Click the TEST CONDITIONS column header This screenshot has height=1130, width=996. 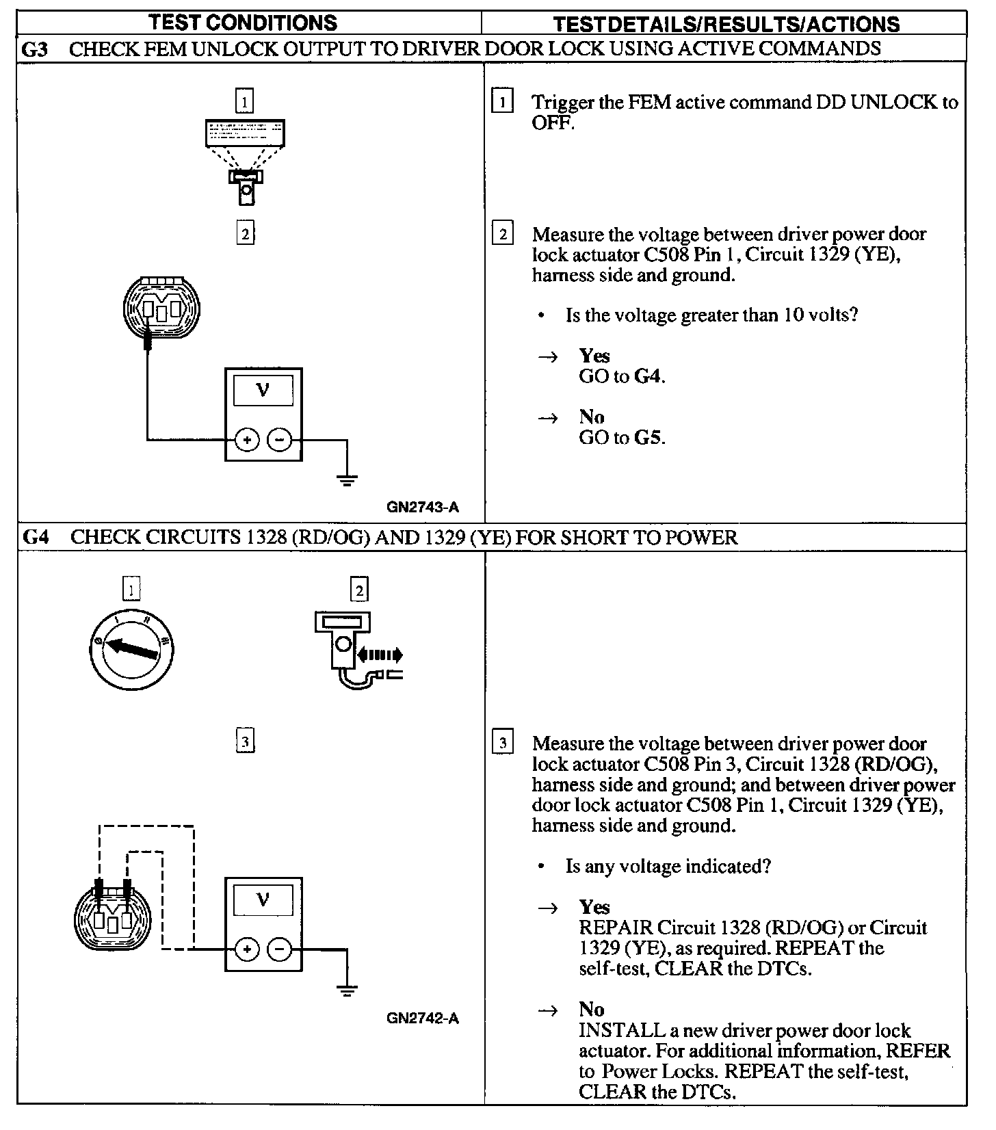[243, 22]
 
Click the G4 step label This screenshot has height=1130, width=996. [35, 537]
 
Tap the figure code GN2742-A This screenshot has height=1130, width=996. [422, 1019]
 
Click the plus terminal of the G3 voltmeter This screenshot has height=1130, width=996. [247, 440]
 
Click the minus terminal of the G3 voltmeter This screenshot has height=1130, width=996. [279, 440]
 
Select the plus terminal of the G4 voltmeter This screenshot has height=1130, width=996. [247, 949]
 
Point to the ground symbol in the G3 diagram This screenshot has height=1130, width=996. [348, 479]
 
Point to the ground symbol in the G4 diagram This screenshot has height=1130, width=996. [348, 989]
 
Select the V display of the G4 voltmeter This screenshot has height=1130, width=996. [263, 899]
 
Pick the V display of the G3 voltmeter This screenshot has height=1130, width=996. [263, 391]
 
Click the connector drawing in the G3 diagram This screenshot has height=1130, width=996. [161, 308]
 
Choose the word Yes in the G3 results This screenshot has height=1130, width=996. [594, 356]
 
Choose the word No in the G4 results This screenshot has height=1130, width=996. [592, 1010]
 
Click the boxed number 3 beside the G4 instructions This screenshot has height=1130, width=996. [503, 743]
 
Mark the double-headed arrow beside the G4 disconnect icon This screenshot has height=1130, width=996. [380, 655]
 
